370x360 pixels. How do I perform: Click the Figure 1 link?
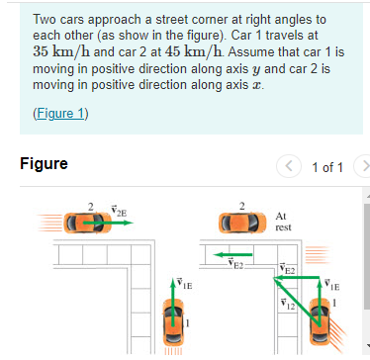(60, 112)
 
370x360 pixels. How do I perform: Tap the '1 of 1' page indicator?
(326, 165)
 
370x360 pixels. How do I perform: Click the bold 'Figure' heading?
(44, 164)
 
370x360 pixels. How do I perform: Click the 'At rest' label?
(282, 221)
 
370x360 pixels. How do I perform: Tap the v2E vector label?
(120, 211)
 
